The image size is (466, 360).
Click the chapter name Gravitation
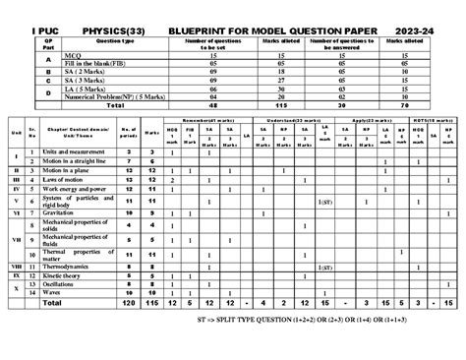click(60, 212)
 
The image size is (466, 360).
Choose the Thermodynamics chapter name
click(69, 266)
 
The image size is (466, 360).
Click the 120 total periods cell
click(127, 304)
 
